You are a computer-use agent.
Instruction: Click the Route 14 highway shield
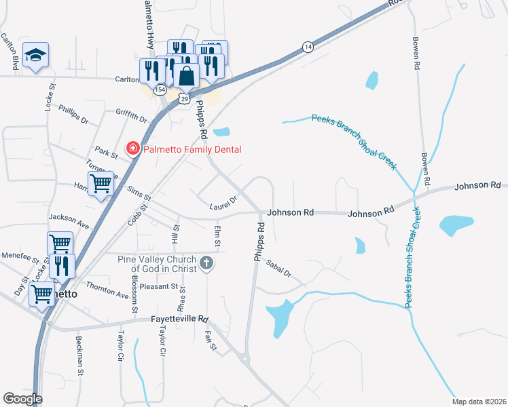point(308,47)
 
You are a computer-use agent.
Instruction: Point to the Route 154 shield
point(160,90)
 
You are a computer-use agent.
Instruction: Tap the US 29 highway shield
point(184,99)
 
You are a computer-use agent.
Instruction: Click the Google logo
point(22,398)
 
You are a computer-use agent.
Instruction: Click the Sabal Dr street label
point(278,269)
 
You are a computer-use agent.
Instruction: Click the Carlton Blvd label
point(10,52)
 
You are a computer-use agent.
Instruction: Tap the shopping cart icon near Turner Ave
point(101,182)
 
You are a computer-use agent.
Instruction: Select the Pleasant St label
point(158,286)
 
